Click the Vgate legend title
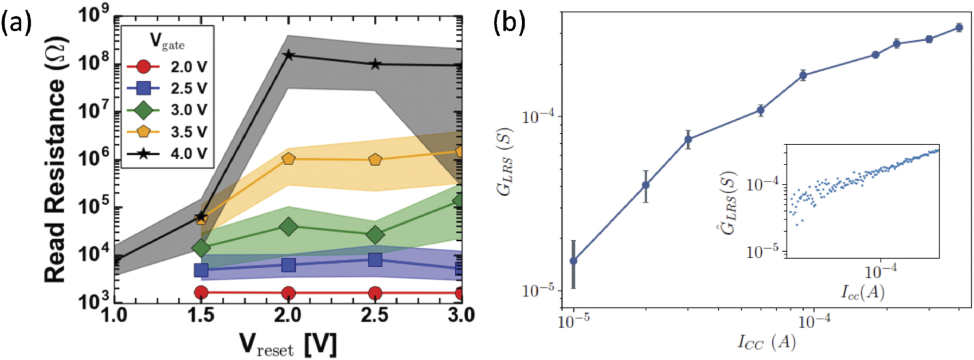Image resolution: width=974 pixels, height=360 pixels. pyautogui.click(x=167, y=41)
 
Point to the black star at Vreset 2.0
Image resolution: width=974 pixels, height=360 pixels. pyautogui.click(x=288, y=56)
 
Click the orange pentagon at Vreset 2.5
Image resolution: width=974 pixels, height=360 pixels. pyautogui.click(x=375, y=159)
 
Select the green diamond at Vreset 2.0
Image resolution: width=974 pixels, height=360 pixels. pyautogui.click(x=288, y=226)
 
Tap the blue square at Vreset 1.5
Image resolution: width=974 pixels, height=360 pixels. pyautogui.click(x=201, y=270)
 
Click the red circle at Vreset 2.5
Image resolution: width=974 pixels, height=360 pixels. pyautogui.click(x=375, y=294)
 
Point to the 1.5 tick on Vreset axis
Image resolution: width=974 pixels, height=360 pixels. pyautogui.click(x=201, y=315)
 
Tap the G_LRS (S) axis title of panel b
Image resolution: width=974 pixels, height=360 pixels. pyautogui.click(x=505, y=162)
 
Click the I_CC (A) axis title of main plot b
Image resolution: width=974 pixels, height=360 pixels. pyautogui.click(x=766, y=343)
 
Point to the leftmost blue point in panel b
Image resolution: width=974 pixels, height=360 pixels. pyautogui.click(x=573, y=261)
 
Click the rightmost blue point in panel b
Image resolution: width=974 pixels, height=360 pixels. pyautogui.click(x=959, y=28)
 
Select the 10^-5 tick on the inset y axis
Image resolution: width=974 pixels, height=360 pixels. pyautogui.click(x=765, y=251)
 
